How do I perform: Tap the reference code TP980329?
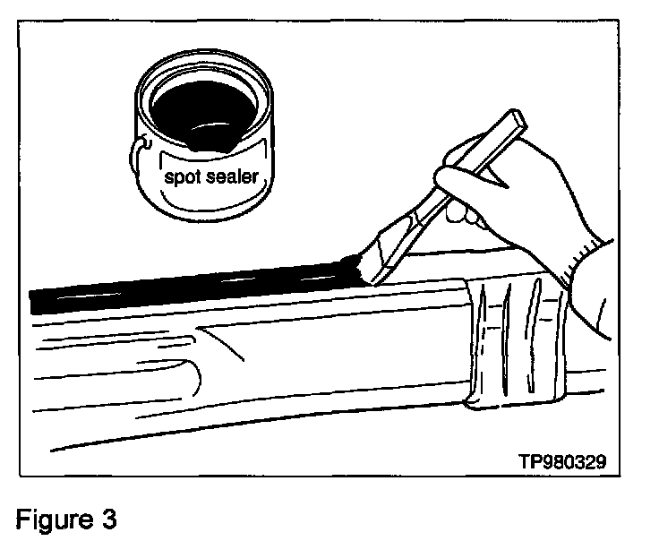562,462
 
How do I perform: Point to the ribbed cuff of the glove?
591,269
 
